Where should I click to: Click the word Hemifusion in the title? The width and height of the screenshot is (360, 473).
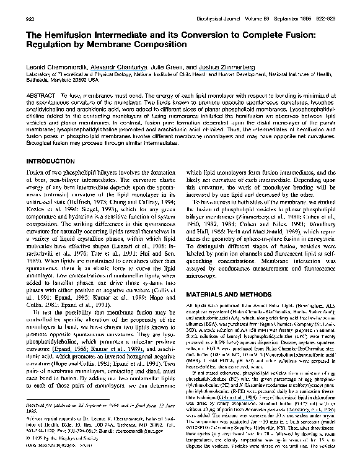click(67, 36)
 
